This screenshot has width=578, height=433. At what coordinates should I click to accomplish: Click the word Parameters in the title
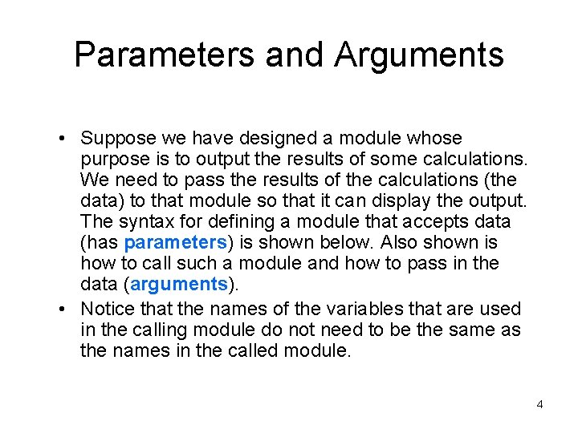pos(165,55)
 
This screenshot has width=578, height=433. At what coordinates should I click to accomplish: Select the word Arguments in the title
pos(419,55)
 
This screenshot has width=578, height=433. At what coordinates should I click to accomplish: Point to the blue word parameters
pos(174,242)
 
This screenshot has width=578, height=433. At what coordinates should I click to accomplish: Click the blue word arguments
pos(179,284)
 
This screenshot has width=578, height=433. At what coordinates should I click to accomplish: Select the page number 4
pos(539,404)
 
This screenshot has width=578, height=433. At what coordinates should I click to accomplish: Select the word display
pos(427,200)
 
